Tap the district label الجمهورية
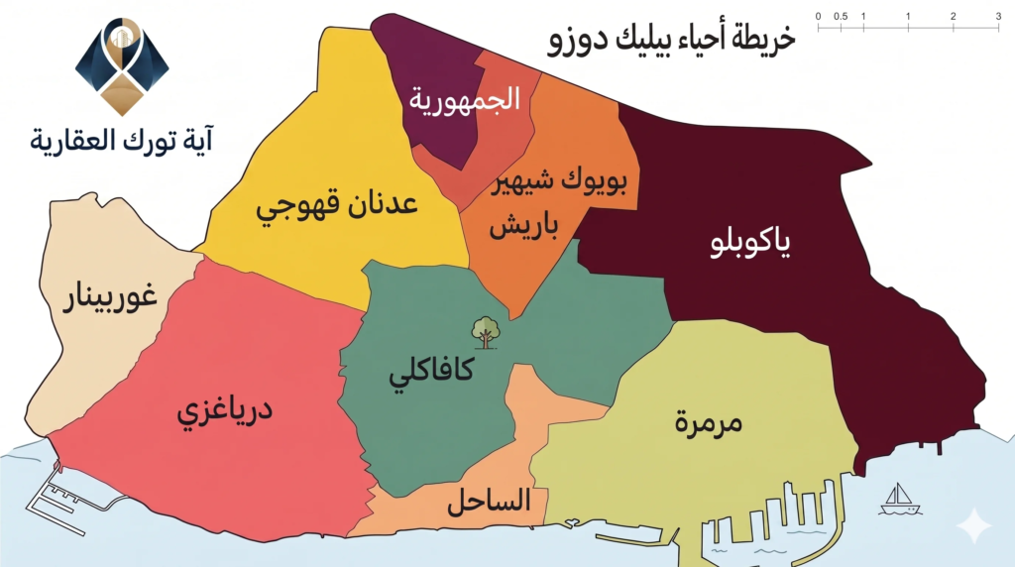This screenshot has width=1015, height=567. [465, 99]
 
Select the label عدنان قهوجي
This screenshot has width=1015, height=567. [337, 207]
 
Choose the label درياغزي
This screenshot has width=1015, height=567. [224, 409]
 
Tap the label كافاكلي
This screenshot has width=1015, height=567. [430, 375]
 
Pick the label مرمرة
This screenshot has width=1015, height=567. [709, 421]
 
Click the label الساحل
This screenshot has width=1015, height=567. [489, 501]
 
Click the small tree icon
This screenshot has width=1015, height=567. [485, 331]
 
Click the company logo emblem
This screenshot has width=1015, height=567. [122, 65]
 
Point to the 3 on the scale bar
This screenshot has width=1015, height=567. [997, 17]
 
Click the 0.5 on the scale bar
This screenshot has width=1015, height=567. [841, 17]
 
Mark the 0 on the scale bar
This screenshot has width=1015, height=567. [819, 17]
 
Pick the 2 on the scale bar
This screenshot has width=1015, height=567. [953, 17]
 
